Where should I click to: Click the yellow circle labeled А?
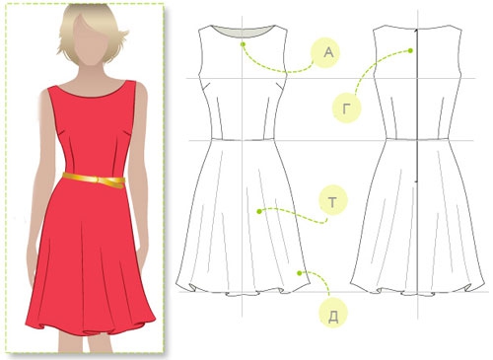point(326,53)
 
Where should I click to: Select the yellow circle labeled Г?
point(347,108)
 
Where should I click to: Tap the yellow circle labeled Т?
point(333,201)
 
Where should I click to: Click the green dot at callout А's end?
point(243,44)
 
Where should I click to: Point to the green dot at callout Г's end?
point(410,50)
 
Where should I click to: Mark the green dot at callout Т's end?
point(259,211)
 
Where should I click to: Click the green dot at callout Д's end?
point(299,273)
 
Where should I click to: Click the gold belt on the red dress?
point(95,180)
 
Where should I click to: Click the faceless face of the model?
point(90,41)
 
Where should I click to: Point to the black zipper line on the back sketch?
point(416,106)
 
